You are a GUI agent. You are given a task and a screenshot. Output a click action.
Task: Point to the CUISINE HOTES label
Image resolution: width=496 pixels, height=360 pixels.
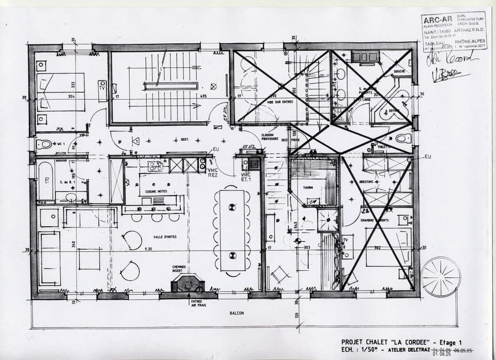[157, 191]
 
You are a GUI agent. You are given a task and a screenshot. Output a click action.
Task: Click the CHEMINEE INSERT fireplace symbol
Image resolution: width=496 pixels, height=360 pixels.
[188, 283]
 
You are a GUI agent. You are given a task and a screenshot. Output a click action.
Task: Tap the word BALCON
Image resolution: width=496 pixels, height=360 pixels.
[237, 314]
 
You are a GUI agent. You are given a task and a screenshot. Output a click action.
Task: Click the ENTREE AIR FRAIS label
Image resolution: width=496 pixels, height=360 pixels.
[196, 304]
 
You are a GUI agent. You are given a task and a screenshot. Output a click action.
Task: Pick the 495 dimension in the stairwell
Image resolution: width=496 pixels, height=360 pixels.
[204, 96]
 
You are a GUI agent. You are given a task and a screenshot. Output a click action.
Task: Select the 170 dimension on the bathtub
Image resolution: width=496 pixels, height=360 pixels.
[47, 181]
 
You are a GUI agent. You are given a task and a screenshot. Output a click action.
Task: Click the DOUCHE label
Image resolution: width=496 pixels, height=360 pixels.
[399, 72]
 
